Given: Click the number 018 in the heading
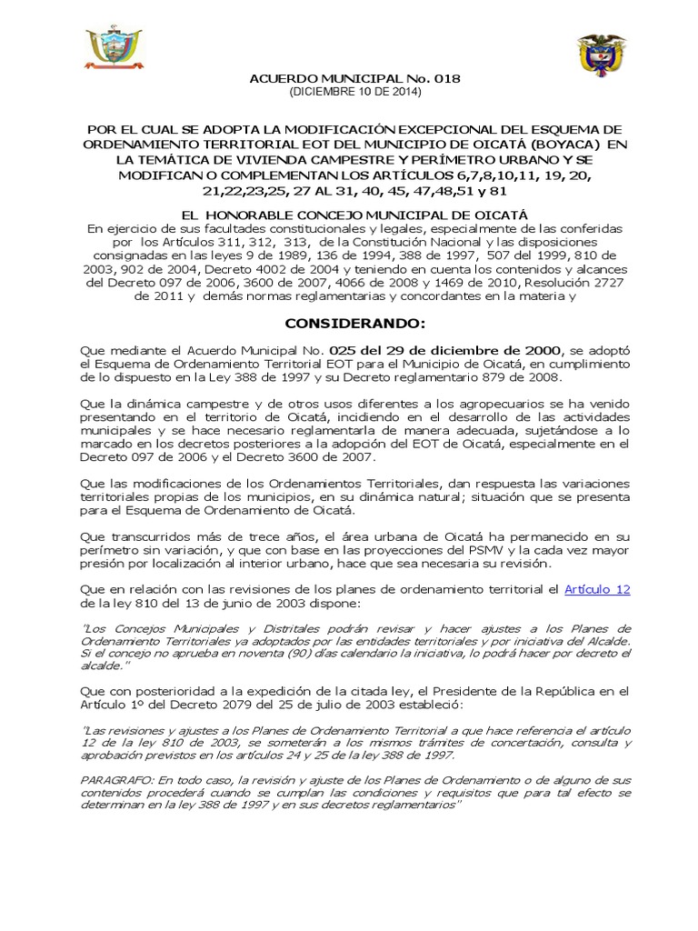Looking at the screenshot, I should click(445, 79).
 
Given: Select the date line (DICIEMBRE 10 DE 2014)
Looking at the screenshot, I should click(355, 92).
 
